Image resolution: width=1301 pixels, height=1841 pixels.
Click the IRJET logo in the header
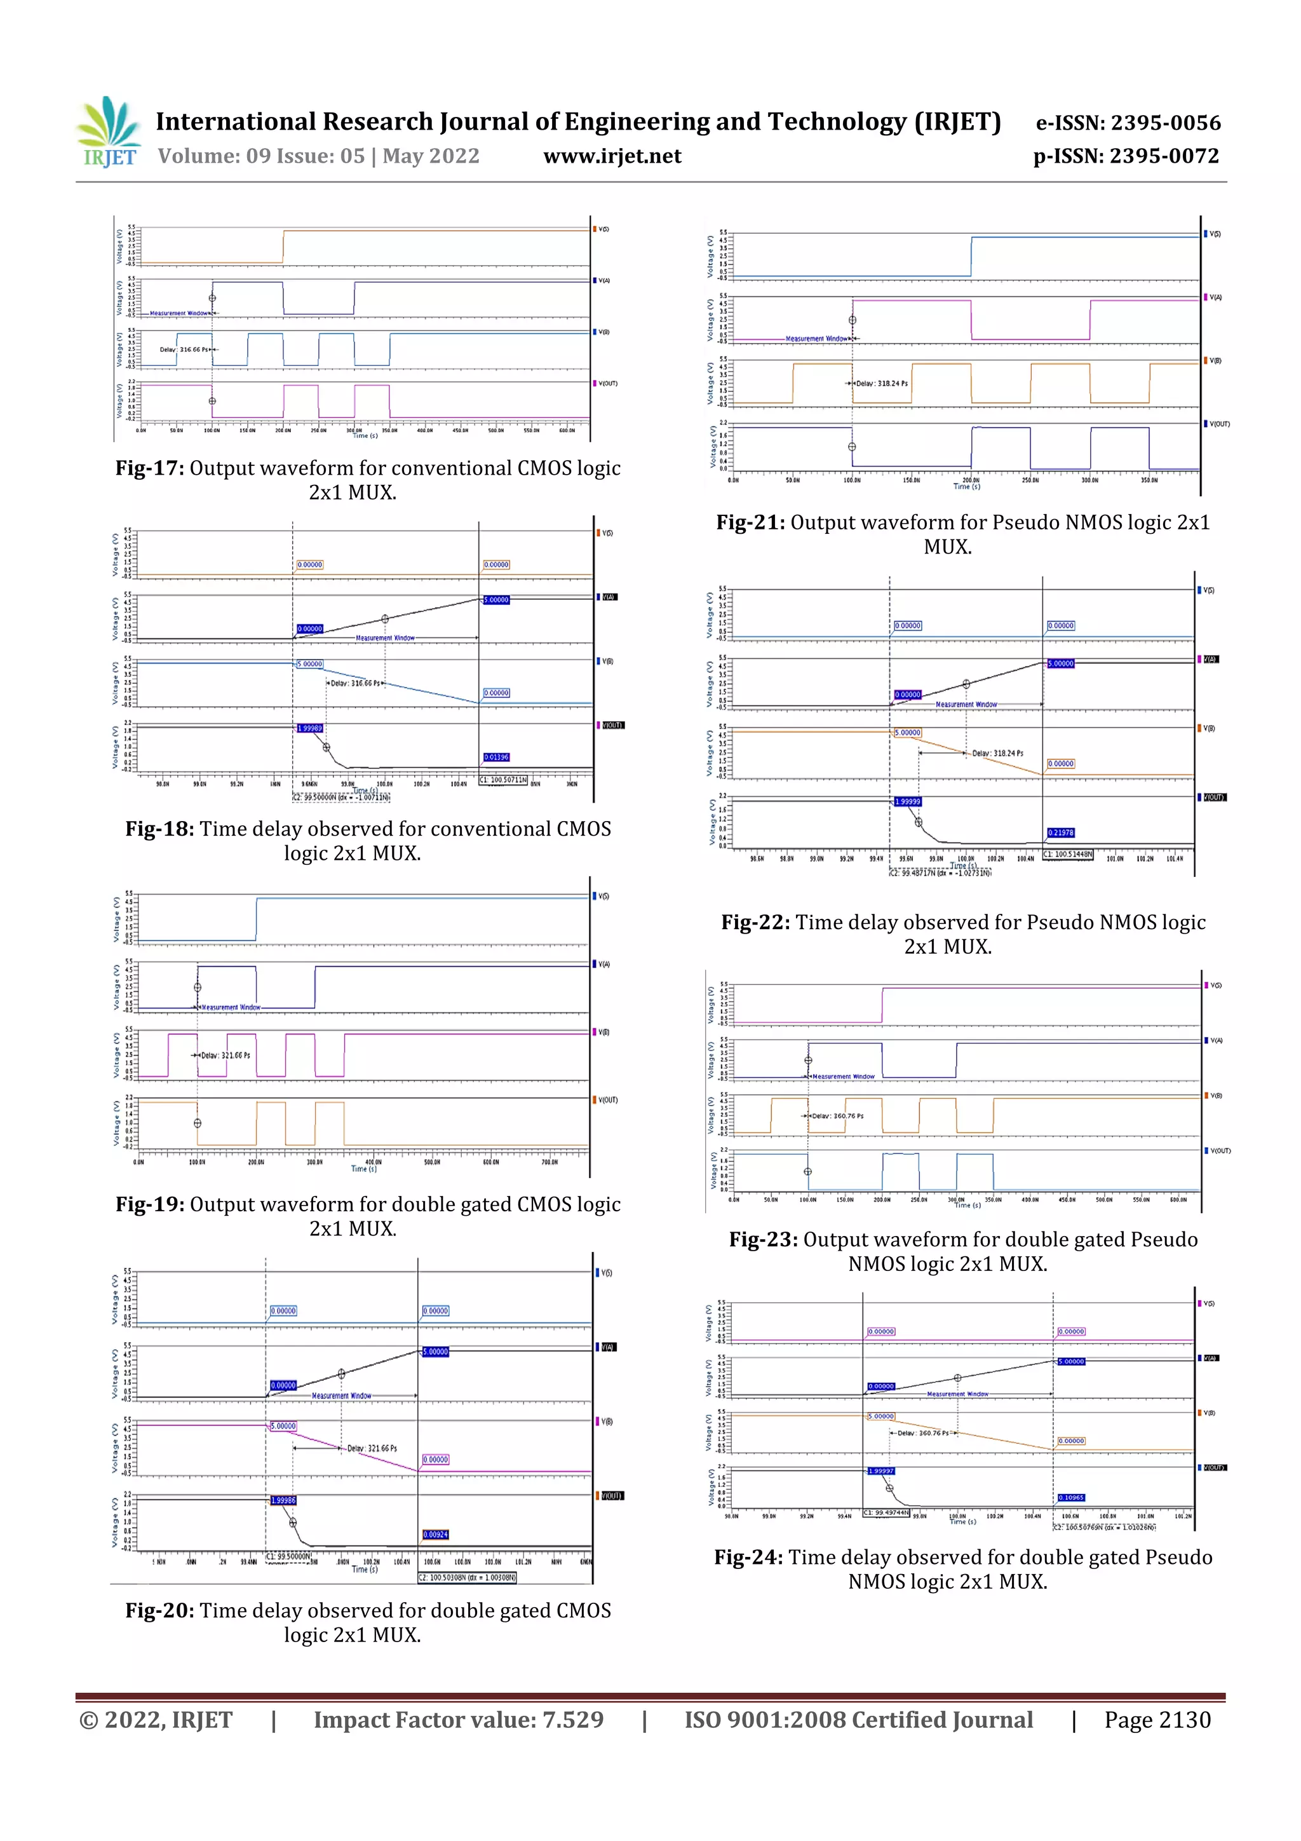coord(108,132)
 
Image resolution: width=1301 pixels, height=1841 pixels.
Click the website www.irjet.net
coord(612,156)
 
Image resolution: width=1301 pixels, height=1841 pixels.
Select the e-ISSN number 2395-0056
coord(1164,123)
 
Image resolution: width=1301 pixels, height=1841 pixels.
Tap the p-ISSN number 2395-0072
coord(1164,156)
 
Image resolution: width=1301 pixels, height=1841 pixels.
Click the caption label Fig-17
coord(150,468)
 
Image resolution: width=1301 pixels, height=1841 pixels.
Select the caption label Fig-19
coord(150,1204)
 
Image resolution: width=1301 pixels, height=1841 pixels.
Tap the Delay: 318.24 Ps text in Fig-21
coord(882,383)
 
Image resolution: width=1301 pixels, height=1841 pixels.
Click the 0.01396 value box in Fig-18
coord(496,757)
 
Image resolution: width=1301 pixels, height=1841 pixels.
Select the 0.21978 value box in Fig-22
coord(1060,832)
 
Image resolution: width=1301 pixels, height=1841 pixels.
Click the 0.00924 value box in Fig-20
coord(435,1535)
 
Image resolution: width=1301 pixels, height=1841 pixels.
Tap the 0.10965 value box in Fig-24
coord(1071,1497)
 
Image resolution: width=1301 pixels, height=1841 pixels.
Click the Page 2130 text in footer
coord(1157,1720)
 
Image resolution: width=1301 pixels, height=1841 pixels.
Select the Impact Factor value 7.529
coord(459,1720)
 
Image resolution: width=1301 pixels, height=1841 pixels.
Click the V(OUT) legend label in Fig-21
coord(1218,423)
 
